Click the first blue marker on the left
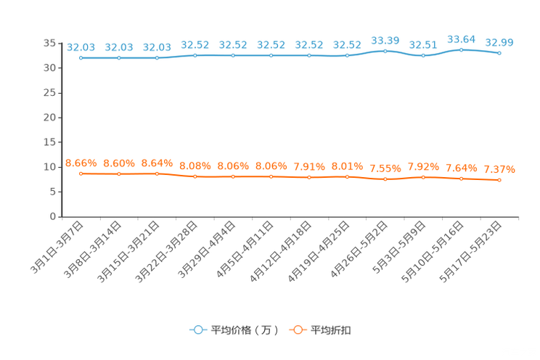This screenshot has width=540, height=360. tap(81, 58)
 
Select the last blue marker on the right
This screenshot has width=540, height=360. tap(499, 53)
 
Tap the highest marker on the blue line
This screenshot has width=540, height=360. tap(461, 49)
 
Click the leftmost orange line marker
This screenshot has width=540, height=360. tap(81, 173)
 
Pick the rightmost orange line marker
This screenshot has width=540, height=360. tap(499, 180)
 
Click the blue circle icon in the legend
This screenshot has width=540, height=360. tap(197, 330)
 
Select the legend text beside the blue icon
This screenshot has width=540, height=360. tap(245, 330)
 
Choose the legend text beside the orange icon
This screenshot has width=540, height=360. tap(332, 330)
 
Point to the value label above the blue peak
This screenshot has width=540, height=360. tap(461, 38)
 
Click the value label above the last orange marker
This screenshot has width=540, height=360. tap(499, 169)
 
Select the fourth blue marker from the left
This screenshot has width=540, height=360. tap(195, 55)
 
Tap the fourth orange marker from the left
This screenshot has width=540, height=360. tap(195, 176)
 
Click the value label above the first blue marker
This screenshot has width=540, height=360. tap(81, 47)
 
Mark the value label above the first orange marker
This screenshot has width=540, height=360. tap(81, 162)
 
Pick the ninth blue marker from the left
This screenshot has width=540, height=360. tap(385, 51)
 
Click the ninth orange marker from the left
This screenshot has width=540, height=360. tap(385, 179)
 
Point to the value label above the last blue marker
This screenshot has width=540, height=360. tap(499, 42)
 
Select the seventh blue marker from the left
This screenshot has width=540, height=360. tap(309, 55)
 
